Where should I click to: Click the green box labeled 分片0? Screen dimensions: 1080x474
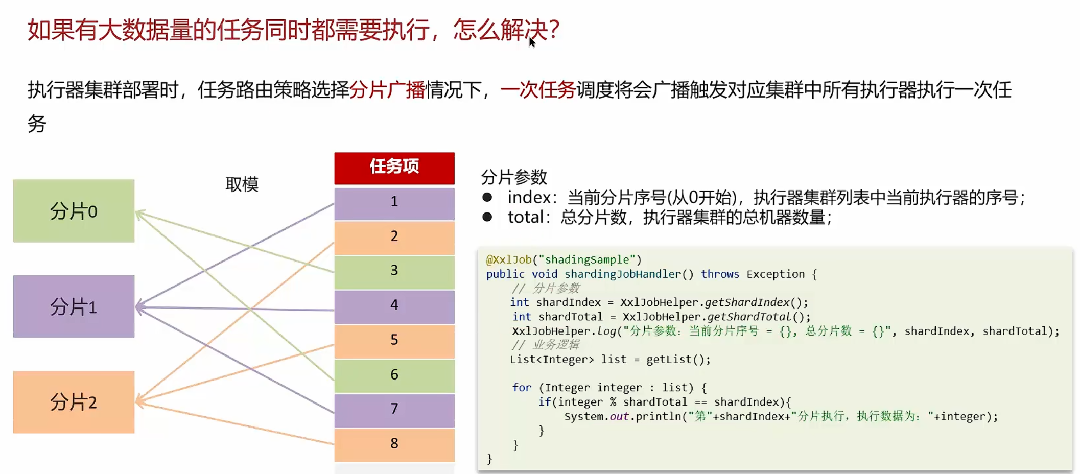pos(74,210)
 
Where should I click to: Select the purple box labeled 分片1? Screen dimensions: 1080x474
pos(74,306)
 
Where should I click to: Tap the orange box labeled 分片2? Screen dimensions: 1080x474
pos(74,402)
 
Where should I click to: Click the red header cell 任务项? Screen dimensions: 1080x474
pos(394,167)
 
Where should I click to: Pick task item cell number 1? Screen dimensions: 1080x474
pos(394,202)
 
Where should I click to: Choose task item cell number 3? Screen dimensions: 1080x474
pos(394,271)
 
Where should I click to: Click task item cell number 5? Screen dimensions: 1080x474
pos(394,340)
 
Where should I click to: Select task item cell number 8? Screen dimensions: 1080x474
pos(394,444)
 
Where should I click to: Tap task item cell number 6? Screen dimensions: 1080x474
pos(394,375)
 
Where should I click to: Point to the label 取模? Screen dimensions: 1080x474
pos(242,184)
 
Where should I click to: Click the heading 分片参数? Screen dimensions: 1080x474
pos(513,177)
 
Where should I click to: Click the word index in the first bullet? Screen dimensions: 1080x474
pos(529,198)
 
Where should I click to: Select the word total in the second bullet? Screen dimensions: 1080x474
pos(525,218)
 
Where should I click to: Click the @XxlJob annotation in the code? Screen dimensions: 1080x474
pos(508,260)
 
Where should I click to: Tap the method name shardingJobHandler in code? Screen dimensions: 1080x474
pos(622,274)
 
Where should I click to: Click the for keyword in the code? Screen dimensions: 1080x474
pos(522,388)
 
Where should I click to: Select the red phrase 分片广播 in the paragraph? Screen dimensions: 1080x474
pos(387,90)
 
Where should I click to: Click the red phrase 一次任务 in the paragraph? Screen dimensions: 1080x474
pos(538,90)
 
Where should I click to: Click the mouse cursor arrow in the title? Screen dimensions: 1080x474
pos(532,42)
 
